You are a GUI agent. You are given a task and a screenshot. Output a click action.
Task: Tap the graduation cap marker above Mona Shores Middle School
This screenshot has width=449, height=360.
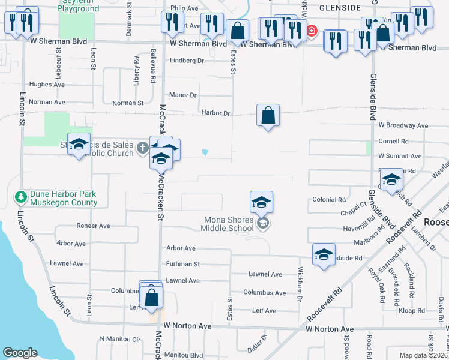[x=261, y=202]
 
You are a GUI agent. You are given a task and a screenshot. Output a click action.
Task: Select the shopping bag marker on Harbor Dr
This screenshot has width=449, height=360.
[x=268, y=115]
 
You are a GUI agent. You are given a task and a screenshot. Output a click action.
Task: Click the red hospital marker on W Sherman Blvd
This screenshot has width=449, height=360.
[x=312, y=31]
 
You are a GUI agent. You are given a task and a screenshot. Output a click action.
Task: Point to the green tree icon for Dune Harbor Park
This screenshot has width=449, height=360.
[x=21, y=197]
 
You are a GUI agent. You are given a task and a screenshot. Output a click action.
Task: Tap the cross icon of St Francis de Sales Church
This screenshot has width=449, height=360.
[x=142, y=148]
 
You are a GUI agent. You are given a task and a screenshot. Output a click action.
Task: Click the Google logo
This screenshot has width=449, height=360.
[x=20, y=353]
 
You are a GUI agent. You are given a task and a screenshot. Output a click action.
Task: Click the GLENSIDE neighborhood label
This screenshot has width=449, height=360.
[x=340, y=8]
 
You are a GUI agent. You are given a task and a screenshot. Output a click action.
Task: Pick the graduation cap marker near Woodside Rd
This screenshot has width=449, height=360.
[x=324, y=254]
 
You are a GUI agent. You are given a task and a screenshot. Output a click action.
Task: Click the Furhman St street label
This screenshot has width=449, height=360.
[x=183, y=263]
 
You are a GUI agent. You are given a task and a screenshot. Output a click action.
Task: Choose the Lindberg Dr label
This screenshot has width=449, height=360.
[x=187, y=61]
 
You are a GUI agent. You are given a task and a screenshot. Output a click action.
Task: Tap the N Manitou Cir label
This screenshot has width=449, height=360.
[x=119, y=339]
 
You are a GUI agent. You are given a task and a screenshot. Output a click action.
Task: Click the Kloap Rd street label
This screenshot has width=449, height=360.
[x=412, y=311]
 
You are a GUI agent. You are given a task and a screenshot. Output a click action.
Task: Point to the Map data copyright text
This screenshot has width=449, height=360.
[x=424, y=355]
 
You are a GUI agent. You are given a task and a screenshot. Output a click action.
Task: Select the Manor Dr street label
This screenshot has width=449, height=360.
[x=183, y=95]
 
